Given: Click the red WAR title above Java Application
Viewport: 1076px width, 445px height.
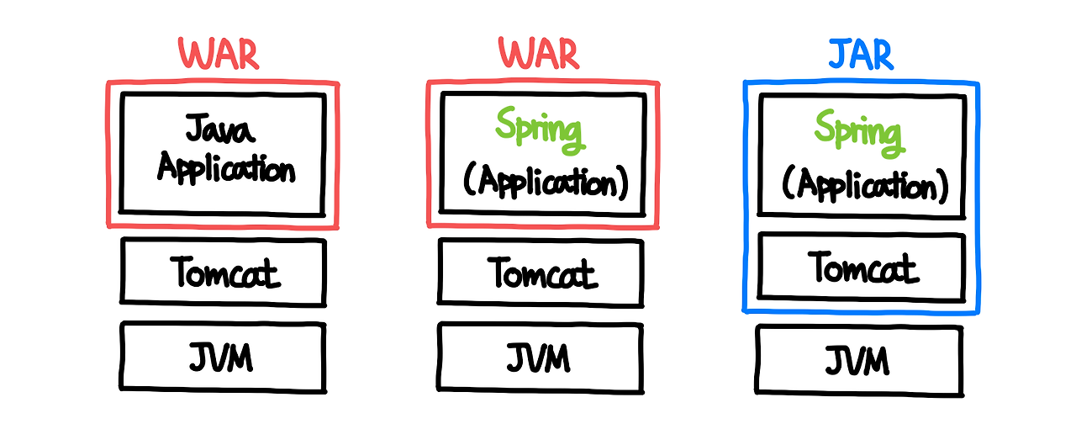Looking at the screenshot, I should pyautogui.click(x=219, y=55).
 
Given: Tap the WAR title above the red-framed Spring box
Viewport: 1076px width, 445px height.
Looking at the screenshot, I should pyautogui.click(x=540, y=55).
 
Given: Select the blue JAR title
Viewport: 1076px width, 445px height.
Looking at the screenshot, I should pyautogui.click(x=861, y=55).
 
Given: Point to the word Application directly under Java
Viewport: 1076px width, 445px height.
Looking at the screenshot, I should pyautogui.click(x=225, y=168).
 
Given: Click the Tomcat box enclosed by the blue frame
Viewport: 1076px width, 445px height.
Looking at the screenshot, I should pyautogui.click(x=861, y=266).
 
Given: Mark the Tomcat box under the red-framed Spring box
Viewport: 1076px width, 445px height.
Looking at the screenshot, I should pyautogui.click(x=541, y=273).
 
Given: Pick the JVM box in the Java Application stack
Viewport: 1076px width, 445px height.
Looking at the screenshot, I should pyautogui.click(x=223, y=357).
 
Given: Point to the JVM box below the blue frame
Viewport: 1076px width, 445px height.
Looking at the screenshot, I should pyautogui.click(x=858, y=360).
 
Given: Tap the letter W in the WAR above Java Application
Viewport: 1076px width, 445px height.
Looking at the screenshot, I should pyautogui.click(x=193, y=55).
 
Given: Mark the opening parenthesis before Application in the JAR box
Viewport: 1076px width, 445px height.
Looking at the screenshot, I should pyautogui.click(x=789, y=183).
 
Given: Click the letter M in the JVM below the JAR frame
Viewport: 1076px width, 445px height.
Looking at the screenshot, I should pyautogui.click(x=875, y=361).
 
